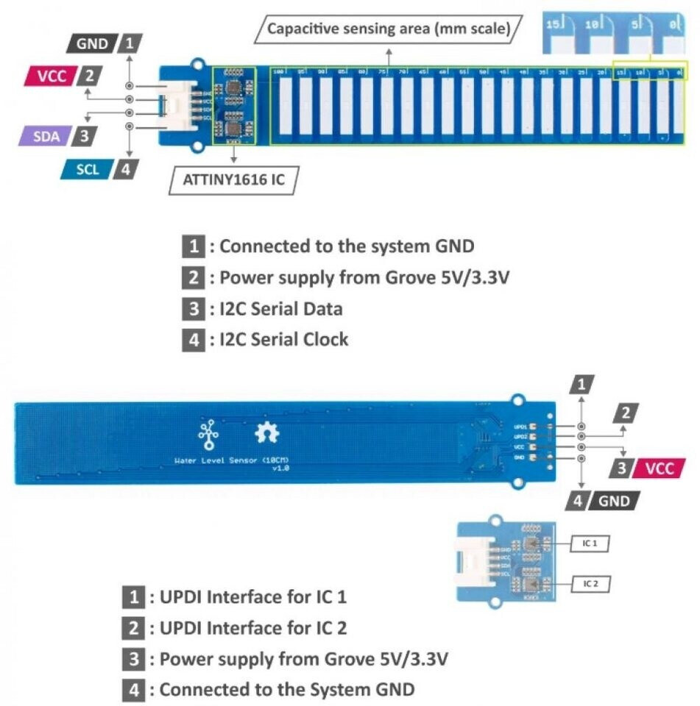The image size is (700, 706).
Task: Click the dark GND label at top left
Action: coord(92,43)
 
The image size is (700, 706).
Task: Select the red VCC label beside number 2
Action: coord(50,76)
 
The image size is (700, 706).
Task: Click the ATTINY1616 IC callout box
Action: coord(233,179)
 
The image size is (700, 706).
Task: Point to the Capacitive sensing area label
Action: coord(388,29)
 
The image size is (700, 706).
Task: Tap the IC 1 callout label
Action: coord(590,543)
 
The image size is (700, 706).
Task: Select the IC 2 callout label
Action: coord(590,583)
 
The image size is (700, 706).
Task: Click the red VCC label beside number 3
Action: coord(659,468)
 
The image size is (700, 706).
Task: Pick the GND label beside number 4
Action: coord(615,501)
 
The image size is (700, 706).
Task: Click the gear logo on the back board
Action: coord(266,433)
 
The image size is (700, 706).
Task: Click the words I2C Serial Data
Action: coord(280,309)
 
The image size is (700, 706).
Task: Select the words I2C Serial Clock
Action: coord(283,339)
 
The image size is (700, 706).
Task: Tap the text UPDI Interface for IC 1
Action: coord(252,596)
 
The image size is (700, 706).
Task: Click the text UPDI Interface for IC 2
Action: coord(252,627)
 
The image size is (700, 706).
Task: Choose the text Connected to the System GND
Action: coord(287,690)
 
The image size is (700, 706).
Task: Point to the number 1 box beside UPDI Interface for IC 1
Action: coord(133,596)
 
